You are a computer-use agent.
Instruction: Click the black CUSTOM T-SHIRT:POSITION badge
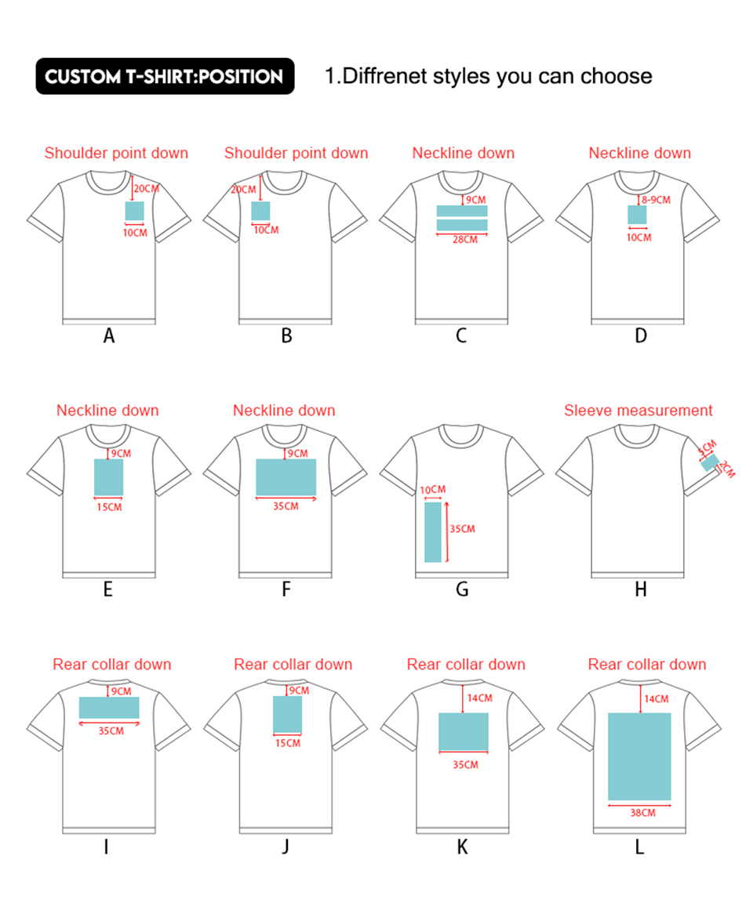click(165, 76)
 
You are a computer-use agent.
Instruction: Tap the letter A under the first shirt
click(109, 336)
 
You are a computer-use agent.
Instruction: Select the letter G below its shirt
click(462, 589)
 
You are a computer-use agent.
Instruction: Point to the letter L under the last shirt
click(639, 847)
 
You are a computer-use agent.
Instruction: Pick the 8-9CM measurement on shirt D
click(656, 200)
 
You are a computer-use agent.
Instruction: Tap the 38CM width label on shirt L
click(642, 813)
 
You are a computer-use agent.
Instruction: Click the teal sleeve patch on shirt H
click(710, 462)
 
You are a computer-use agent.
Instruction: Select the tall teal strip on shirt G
click(433, 532)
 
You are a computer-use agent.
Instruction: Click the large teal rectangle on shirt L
click(640, 756)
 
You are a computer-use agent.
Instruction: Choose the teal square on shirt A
click(135, 211)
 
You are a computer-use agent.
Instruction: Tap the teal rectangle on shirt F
click(286, 477)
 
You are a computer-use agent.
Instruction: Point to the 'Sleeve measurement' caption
click(638, 411)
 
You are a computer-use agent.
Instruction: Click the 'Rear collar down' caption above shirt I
click(111, 665)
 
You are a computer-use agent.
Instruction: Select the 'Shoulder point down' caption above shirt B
click(296, 153)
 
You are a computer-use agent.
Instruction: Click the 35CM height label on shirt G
click(462, 529)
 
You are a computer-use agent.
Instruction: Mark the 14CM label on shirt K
click(480, 698)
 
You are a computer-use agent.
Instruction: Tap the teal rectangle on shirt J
click(287, 713)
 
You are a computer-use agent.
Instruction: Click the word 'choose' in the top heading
click(616, 76)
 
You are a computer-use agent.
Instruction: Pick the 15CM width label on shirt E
click(110, 507)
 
